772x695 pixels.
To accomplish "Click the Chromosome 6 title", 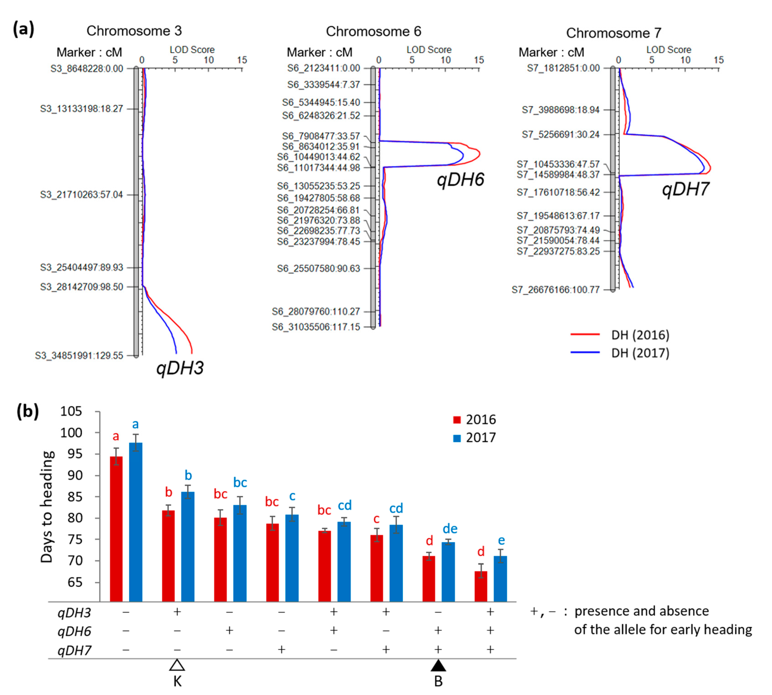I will tap(373, 31).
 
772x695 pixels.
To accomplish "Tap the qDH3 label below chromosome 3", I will tap(180, 368).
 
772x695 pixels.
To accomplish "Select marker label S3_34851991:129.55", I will tap(79, 355).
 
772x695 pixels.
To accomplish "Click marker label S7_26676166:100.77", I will tap(556, 290).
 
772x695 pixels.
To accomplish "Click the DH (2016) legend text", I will tap(640, 335).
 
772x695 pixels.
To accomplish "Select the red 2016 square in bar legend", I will tap(457, 420).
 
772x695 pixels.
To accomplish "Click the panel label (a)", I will tap(24, 29).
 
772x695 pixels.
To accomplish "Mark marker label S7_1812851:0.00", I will tap(563, 68).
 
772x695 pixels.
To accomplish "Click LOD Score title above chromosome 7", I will tap(669, 50).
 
